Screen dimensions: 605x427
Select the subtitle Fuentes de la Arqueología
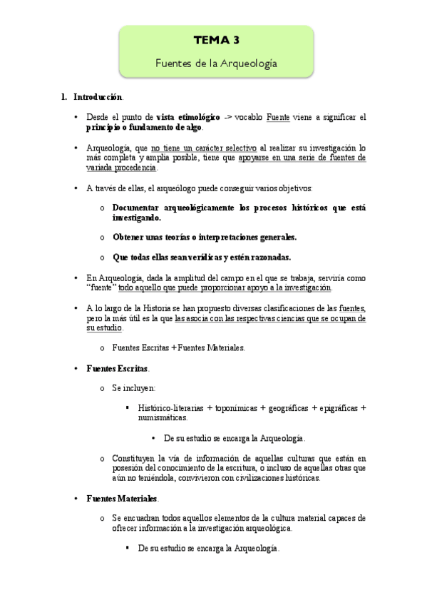coord(216,63)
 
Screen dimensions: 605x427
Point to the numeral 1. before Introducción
coord(64,96)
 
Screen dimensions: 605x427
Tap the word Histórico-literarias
coord(170,408)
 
